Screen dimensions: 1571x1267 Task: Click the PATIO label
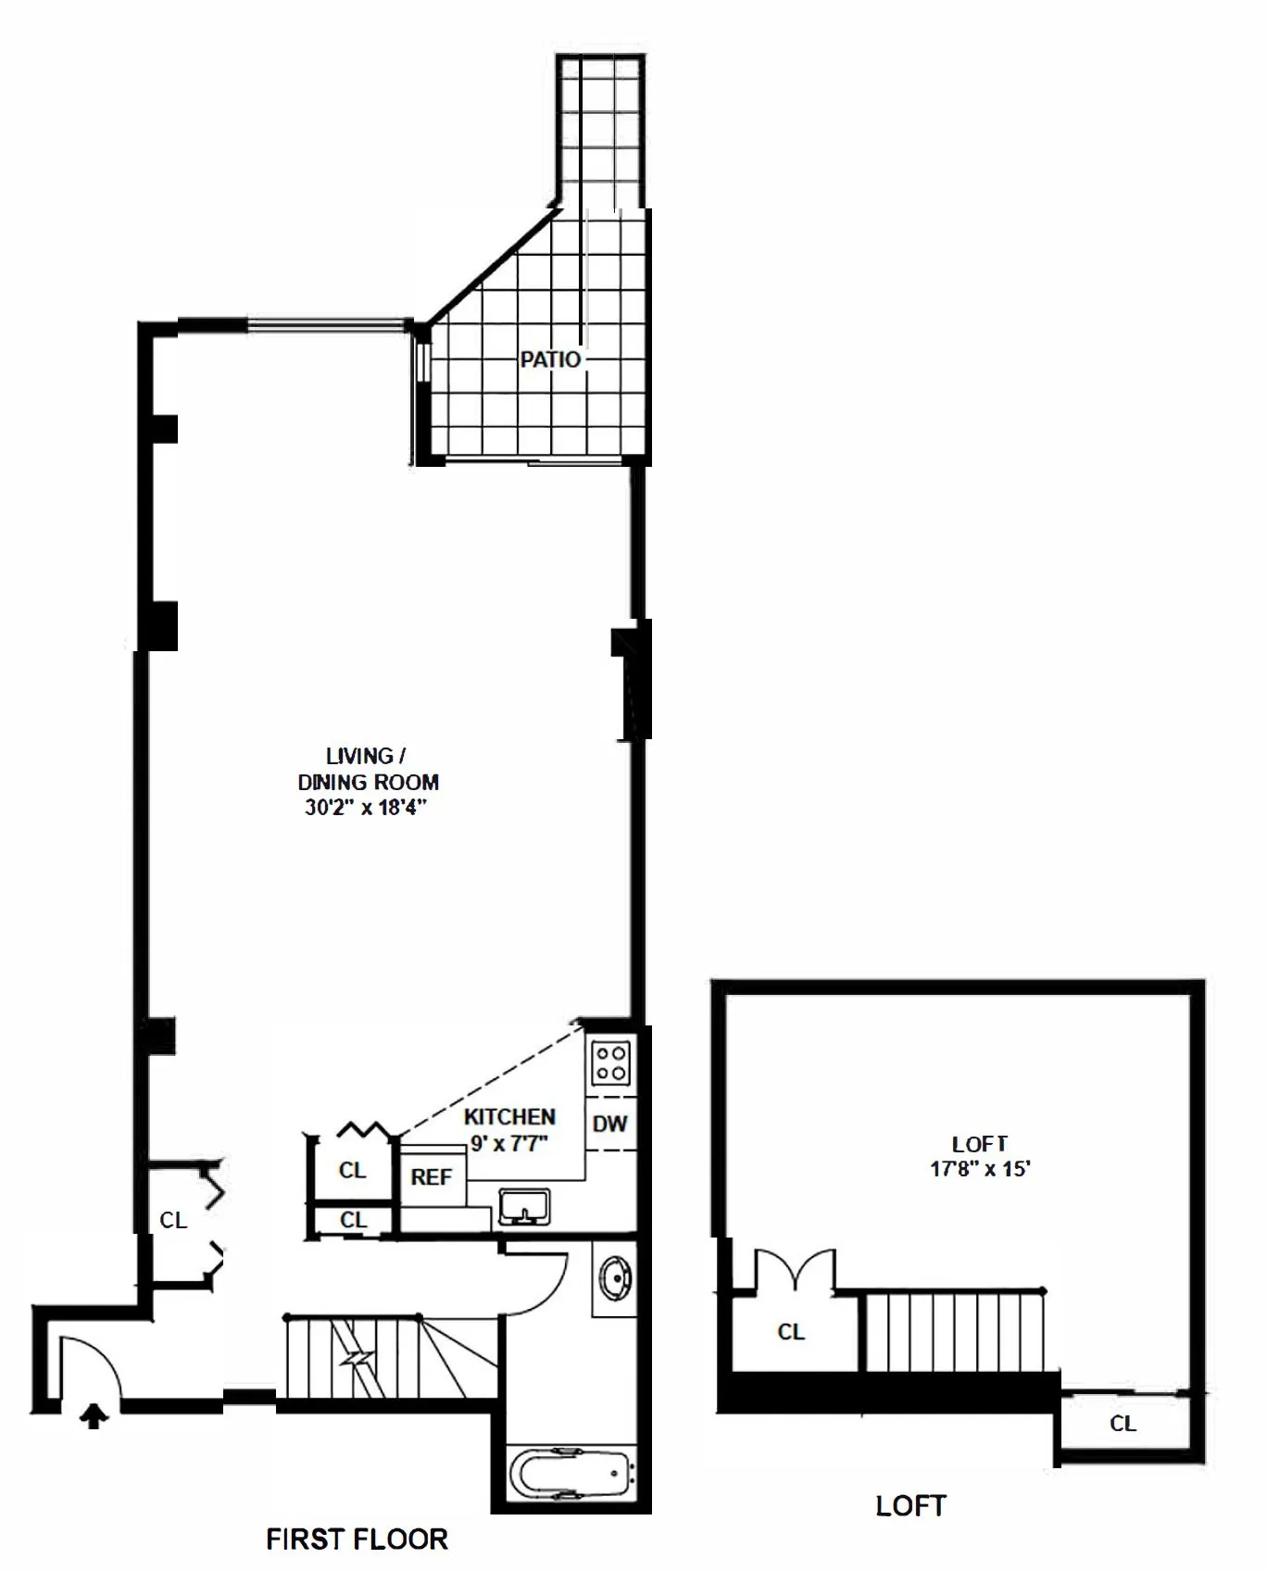pos(549,359)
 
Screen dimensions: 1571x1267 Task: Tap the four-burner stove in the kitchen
pos(611,1062)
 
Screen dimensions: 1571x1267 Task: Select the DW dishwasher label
pos(610,1124)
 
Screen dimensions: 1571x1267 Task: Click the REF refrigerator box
pos(432,1177)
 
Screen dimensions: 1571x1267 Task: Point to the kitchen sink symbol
pos(524,1207)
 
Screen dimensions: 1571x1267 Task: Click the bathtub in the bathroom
pos(571,1471)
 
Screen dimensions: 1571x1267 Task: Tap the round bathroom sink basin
pos(614,1279)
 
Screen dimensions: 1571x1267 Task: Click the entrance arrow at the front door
pos(93,1416)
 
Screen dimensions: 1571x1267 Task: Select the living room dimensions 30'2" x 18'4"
pos(366,808)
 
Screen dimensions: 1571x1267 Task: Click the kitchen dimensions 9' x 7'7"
pos(509,1144)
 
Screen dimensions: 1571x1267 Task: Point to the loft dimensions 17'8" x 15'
pos(980,1169)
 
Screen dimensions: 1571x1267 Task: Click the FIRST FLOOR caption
pos(357,1540)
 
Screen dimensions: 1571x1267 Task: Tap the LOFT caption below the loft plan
pos(910,1506)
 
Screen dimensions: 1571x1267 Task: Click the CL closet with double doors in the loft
pos(790,1332)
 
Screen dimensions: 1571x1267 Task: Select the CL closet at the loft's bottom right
pos(1123,1424)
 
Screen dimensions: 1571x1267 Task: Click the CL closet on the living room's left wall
pos(173,1221)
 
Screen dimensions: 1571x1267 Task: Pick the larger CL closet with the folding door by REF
pos(352,1170)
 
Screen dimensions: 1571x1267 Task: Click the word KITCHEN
pos(509,1117)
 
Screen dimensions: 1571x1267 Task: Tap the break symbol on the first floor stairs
pos(357,1359)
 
